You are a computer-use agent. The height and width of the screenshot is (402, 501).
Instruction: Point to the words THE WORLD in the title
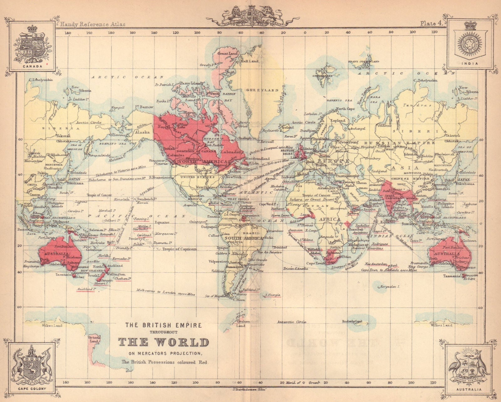pos(163,342)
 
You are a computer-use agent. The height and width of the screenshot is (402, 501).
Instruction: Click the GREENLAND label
pos(262,90)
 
